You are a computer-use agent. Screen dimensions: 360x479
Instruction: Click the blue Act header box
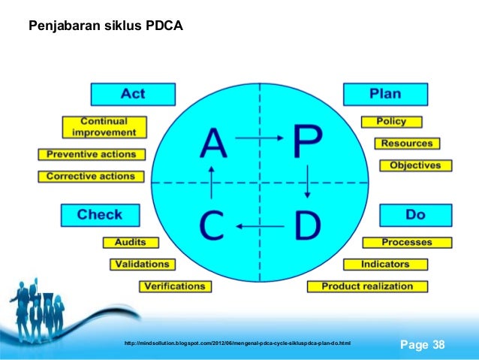click(x=133, y=94)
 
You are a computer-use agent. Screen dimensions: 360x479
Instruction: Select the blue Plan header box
click(x=385, y=94)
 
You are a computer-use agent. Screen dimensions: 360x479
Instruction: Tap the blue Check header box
click(x=99, y=215)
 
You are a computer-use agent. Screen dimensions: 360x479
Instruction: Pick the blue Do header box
click(x=415, y=215)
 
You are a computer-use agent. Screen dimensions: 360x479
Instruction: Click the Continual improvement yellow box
click(x=104, y=126)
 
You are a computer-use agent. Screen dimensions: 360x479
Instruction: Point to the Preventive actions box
click(x=92, y=154)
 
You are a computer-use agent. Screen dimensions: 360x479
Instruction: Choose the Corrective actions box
click(x=91, y=177)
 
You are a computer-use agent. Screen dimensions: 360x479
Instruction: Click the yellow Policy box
click(x=392, y=121)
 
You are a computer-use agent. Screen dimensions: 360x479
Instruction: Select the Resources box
click(x=407, y=143)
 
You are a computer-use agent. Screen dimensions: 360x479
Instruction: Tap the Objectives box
click(x=415, y=165)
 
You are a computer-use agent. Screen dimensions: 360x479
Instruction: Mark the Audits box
click(x=130, y=242)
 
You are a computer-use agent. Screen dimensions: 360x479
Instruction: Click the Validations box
click(x=142, y=264)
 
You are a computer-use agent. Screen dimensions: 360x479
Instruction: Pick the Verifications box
click(x=174, y=286)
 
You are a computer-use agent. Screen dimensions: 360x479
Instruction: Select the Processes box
click(x=407, y=242)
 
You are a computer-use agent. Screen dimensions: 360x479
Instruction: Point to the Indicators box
click(x=385, y=264)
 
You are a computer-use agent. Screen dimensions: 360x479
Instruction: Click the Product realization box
click(x=367, y=286)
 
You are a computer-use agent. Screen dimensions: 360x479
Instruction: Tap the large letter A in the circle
click(x=213, y=142)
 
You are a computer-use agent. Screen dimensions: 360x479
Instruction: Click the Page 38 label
click(x=423, y=345)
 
